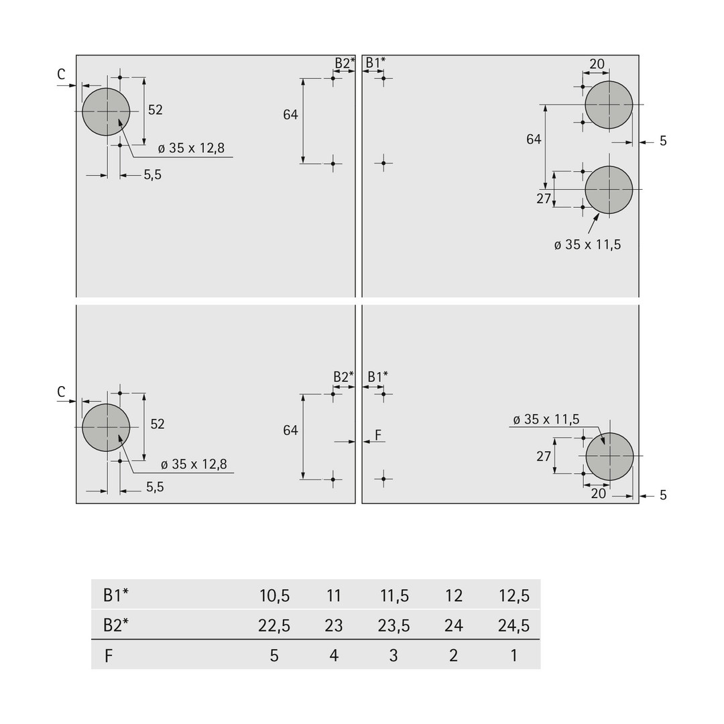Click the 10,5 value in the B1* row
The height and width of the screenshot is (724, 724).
(274, 596)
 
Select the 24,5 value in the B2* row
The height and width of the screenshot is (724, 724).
(514, 625)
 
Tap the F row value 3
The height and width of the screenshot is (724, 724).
(394, 656)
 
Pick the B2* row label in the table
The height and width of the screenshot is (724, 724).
(115, 625)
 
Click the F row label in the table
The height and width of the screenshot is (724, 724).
(109, 656)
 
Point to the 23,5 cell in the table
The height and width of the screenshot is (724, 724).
(394, 625)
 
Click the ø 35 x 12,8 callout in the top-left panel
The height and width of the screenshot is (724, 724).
(191, 148)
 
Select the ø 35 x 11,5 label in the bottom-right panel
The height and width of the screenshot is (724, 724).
(546, 419)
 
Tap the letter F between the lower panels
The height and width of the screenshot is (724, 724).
(378, 435)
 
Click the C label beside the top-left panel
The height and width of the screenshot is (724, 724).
(62, 74)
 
